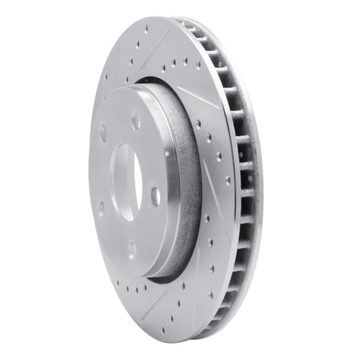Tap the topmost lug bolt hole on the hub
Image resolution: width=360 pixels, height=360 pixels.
pos(135,121)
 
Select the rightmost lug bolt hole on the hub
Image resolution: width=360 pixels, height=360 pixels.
pos(155,194)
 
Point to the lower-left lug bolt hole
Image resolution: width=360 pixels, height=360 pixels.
pos(101,210)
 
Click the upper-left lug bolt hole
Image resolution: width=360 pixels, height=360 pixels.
pos(103,133)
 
